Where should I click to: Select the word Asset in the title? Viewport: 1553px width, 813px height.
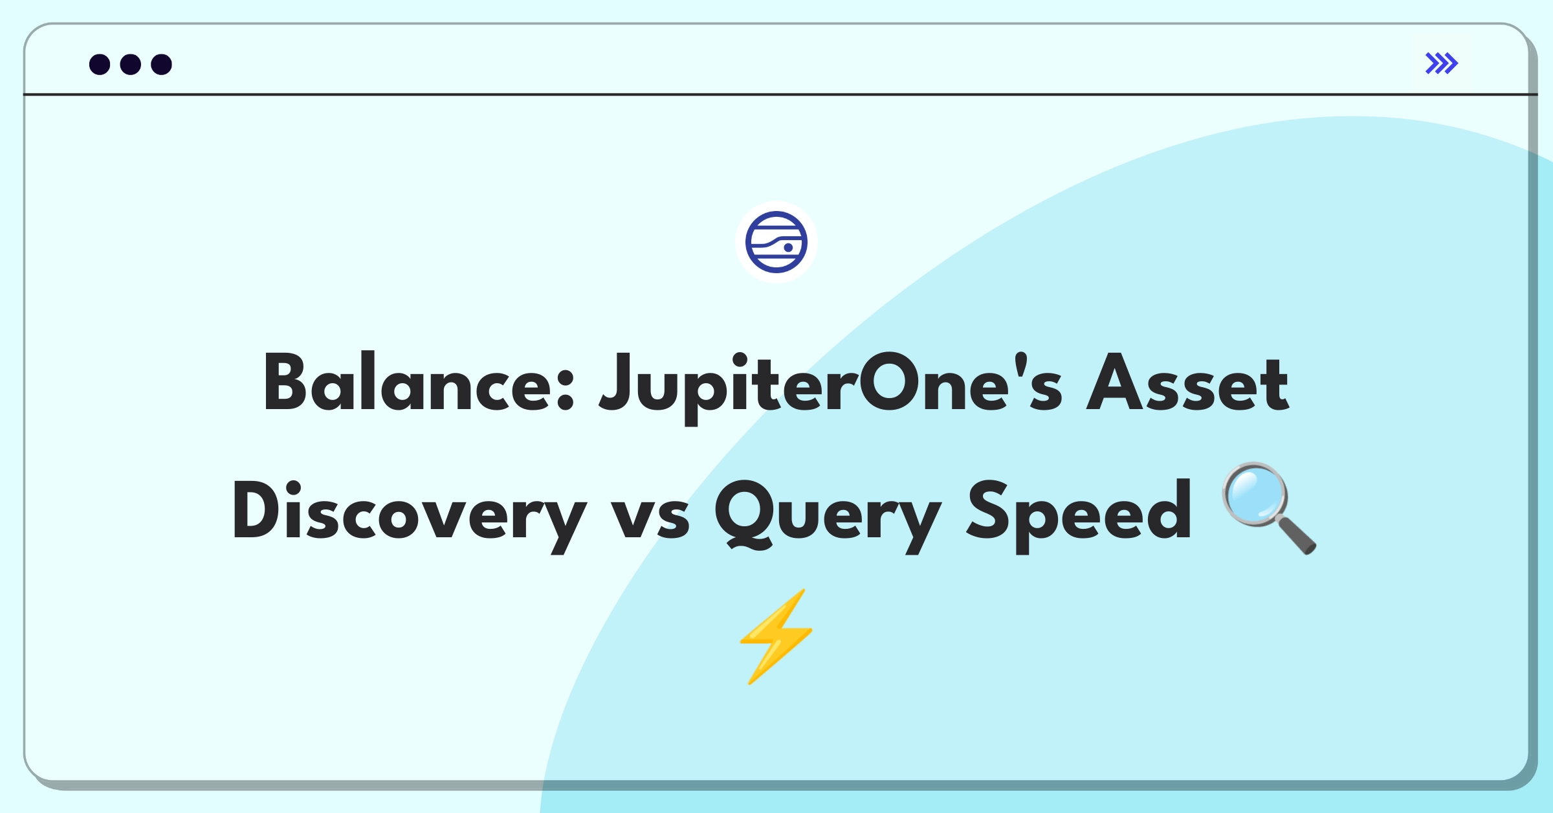click(x=1187, y=383)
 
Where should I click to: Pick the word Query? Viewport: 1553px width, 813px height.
click(x=828, y=515)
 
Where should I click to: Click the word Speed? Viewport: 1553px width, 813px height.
click(x=1079, y=515)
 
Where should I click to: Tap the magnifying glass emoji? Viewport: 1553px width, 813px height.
click(x=1269, y=508)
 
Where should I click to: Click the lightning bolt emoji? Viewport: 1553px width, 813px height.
click(x=776, y=636)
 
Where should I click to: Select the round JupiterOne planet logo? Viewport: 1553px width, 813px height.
click(x=776, y=242)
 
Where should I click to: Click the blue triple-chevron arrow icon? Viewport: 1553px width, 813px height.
click(x=1441, y=63)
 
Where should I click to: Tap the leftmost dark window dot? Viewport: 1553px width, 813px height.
click(x=100, y=64)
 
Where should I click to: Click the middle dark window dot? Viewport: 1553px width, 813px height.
click(x=131, y=64)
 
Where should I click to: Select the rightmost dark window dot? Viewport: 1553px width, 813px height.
click(x=162, y=64)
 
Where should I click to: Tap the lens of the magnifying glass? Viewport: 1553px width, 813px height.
click(x=1255, y=495)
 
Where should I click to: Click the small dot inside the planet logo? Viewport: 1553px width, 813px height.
click(x=788, y=247)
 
